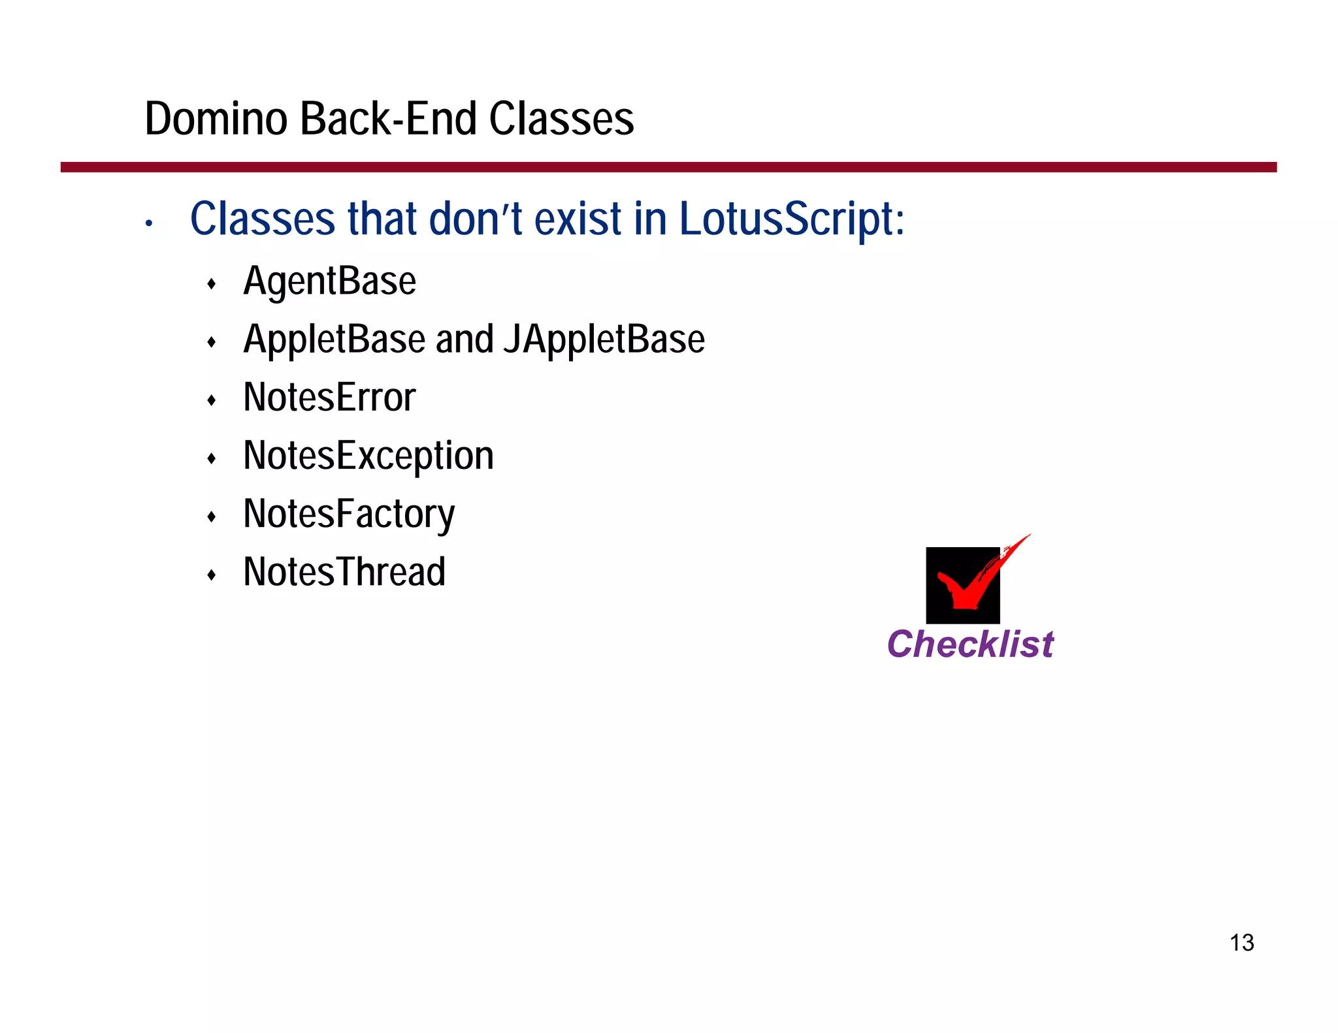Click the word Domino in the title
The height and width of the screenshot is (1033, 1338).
point(216,119)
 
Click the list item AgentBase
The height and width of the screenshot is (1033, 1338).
point(329,282)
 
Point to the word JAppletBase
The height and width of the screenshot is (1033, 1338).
point(604,340)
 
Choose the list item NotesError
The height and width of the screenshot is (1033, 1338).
point(329,398)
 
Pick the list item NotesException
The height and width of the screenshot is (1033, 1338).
point(368,456)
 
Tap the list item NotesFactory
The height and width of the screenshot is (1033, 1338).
point(349,514)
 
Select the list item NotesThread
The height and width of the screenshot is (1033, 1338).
point(344,572)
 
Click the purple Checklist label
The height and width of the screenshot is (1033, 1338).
point(970,644)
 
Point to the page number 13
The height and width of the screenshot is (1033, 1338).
point(1241,943)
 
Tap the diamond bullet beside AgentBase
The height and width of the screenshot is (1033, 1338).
point(211,284)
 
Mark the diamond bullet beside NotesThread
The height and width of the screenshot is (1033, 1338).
point(211,575)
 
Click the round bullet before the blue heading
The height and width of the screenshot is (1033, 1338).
point(149,224)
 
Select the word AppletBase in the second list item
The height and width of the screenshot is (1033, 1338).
point(334,340)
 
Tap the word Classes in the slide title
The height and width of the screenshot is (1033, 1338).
point(561,119)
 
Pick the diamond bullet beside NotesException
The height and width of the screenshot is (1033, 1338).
point(211,458)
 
